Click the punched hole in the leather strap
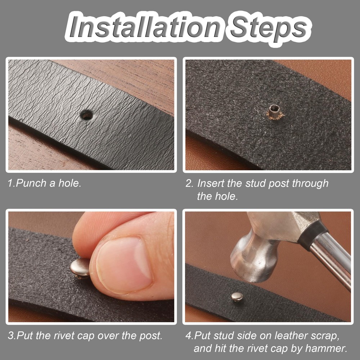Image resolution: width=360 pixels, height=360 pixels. click(87, 114)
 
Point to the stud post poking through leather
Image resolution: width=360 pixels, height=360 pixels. click(275, 112)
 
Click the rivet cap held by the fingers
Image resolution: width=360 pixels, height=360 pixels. click(80, 268)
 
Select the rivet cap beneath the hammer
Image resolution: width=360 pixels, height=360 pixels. click(237, 297)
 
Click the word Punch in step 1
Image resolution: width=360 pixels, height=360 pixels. click(31, 183)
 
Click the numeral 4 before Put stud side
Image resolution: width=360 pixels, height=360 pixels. click(189, 336)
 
